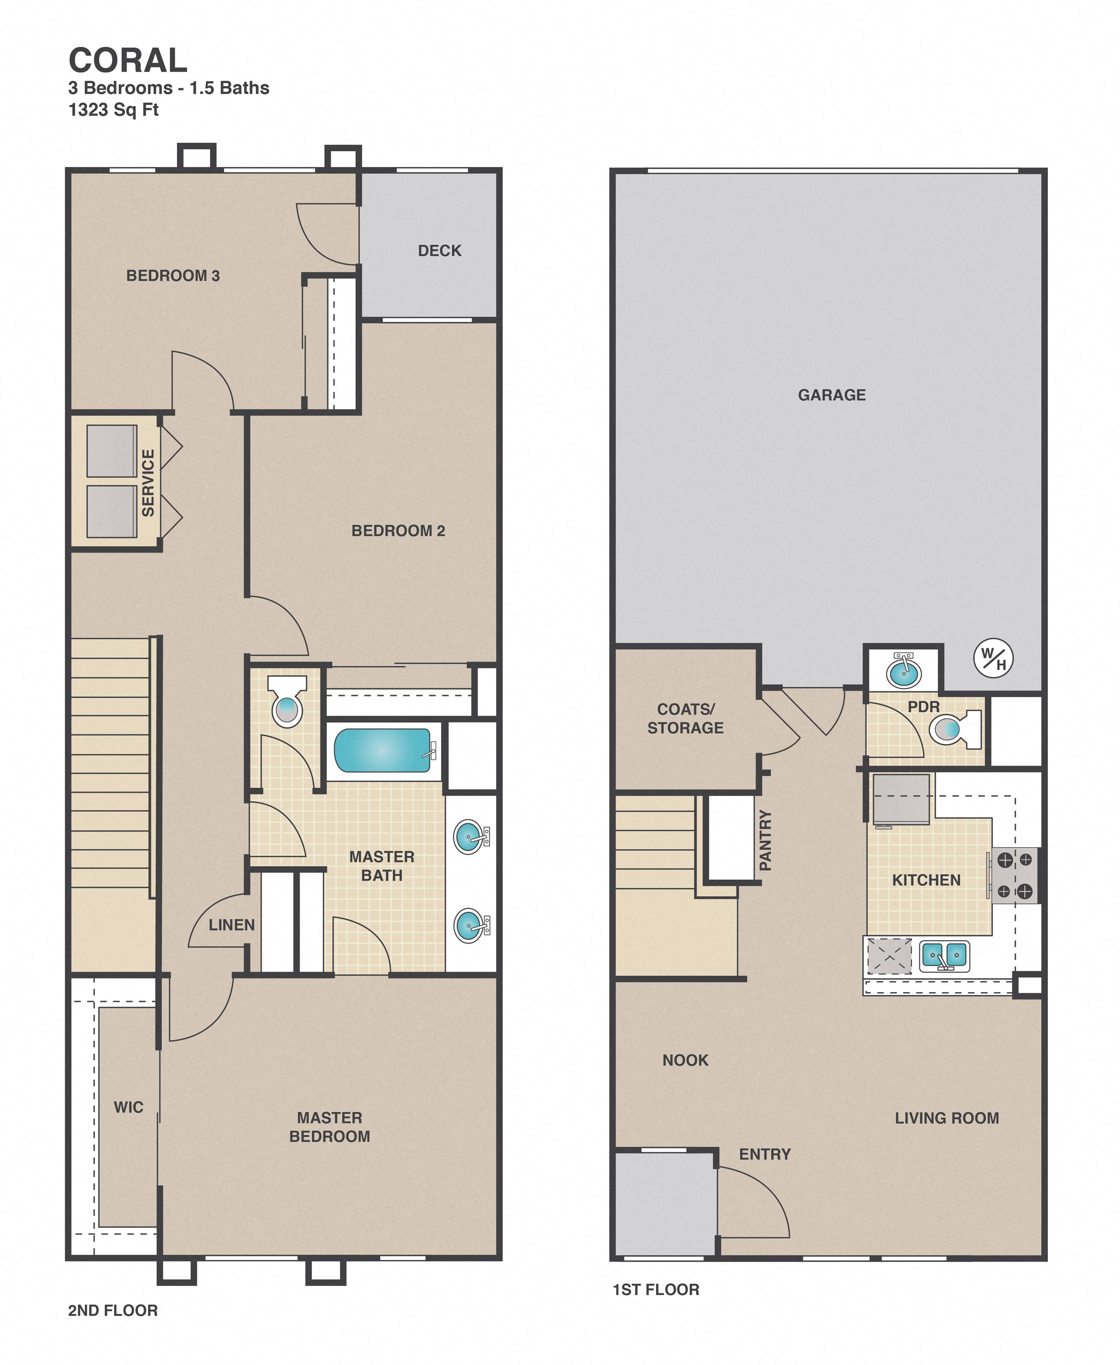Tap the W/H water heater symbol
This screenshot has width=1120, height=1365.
tap(993, 659)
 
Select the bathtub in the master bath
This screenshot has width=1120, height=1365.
tap(382, 750)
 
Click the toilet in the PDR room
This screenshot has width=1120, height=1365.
tap(953, 729)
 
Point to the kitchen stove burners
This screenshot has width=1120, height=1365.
tap(1015, 875)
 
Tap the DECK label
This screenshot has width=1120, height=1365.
tap(439, 251)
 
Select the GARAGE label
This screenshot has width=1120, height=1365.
tap(831, 395)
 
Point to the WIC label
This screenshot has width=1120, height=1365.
tap(129, 1107)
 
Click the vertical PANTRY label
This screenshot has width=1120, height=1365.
tap(765, 840)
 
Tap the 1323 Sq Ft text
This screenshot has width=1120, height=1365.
tap(114, 110)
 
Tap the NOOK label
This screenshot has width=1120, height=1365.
tap(685, 1060)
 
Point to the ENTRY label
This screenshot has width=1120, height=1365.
tap(765, 1154)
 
